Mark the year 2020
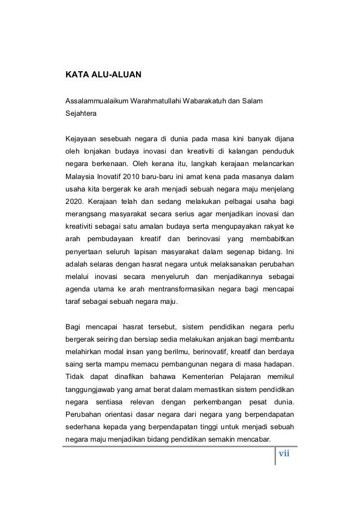click(x=74, y=201)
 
